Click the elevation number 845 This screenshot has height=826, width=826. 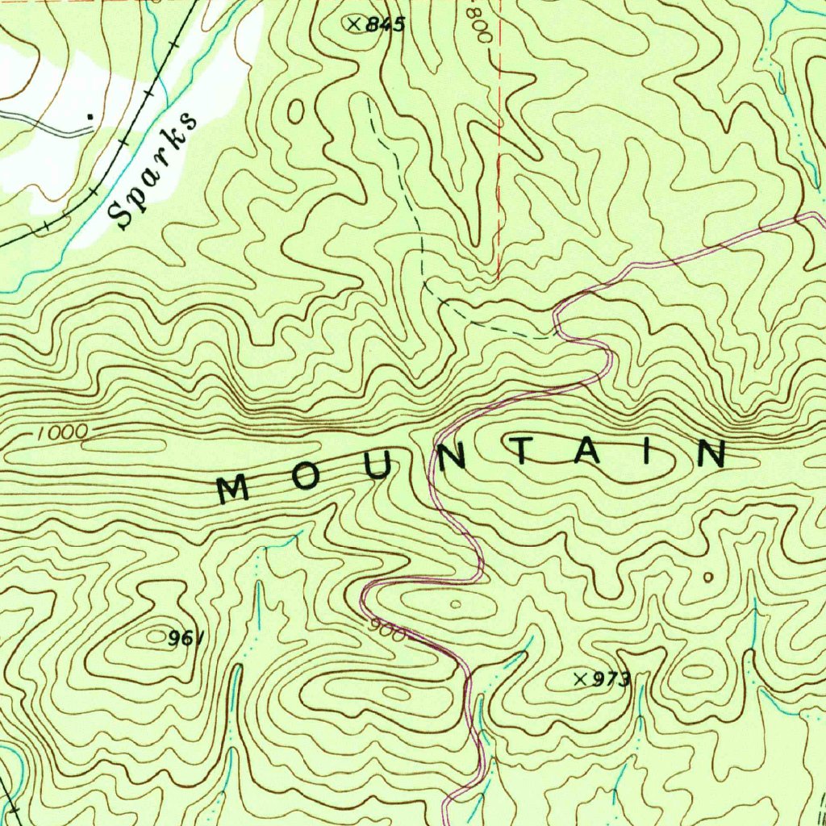pos(385,25)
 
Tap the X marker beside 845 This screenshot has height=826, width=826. pos(353,24)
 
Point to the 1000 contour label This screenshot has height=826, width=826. pos(62,432)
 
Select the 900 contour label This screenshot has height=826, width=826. pos(390,628)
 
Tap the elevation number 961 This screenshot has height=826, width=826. pos(185,639)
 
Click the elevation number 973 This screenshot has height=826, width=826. pos(611,680)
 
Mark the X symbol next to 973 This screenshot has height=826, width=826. pos(578,679)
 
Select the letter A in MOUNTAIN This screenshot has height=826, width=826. pos(586,452)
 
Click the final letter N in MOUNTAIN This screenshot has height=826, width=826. pos(711,454)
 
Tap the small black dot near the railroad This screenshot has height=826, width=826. pos(90,117)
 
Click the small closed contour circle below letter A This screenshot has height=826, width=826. pos(708,578)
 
